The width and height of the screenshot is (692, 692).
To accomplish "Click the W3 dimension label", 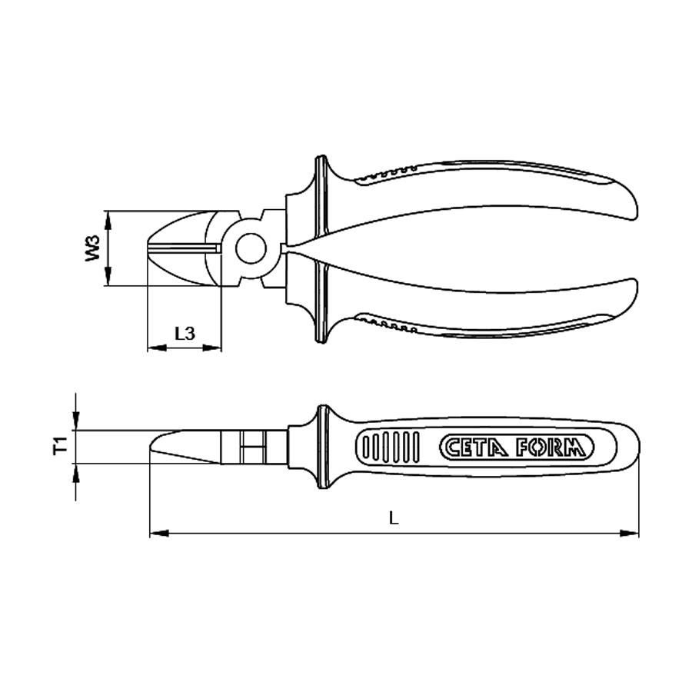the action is click(x=93, y=248).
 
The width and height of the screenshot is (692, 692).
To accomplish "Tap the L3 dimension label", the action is click(x=185, y=334).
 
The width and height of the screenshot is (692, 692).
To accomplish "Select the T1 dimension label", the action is click(x=61, y=445).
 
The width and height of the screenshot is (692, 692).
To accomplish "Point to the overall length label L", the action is click(x=394, y=517).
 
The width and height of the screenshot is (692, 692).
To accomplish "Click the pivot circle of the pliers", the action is click(x=251, y=249).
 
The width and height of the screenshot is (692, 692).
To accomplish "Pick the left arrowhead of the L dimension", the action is click(x=159, y=533).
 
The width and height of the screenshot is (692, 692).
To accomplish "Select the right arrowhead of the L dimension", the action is click(x=629, y=533).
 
